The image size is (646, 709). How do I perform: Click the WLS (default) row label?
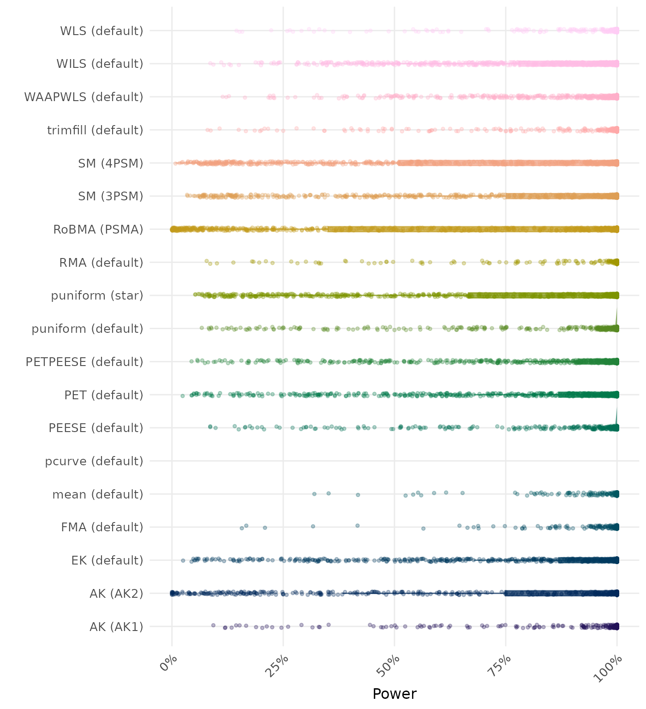tap(102, 31)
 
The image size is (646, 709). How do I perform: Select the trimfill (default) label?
tap(95, 130)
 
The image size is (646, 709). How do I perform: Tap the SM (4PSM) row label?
tap(111, 163)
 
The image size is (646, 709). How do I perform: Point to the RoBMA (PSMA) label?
tap(98, 229)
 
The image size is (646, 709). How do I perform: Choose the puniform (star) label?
tap(97, 295)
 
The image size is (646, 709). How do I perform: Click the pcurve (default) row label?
tap(94, 461)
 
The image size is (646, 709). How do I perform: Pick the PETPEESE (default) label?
tap(84, 362)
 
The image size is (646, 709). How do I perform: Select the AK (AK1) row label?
tap(116, 627)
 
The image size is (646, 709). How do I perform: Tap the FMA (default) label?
tap(102, 527)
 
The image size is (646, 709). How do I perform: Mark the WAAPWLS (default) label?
tap(84, 97)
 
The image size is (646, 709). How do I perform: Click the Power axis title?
tap(395, 694)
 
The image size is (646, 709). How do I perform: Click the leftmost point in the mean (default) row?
tap(314, 494)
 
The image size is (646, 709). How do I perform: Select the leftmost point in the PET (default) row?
tap(182, 396)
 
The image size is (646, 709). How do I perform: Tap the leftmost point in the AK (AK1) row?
tap(213, 625)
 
